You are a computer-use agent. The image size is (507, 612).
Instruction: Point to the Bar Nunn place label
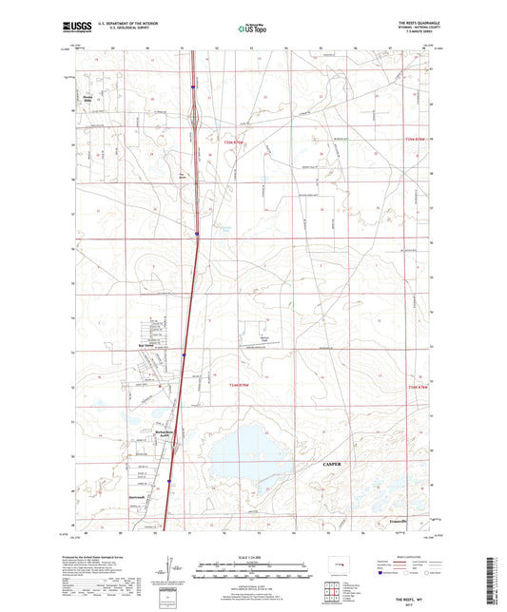pos(146,346)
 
